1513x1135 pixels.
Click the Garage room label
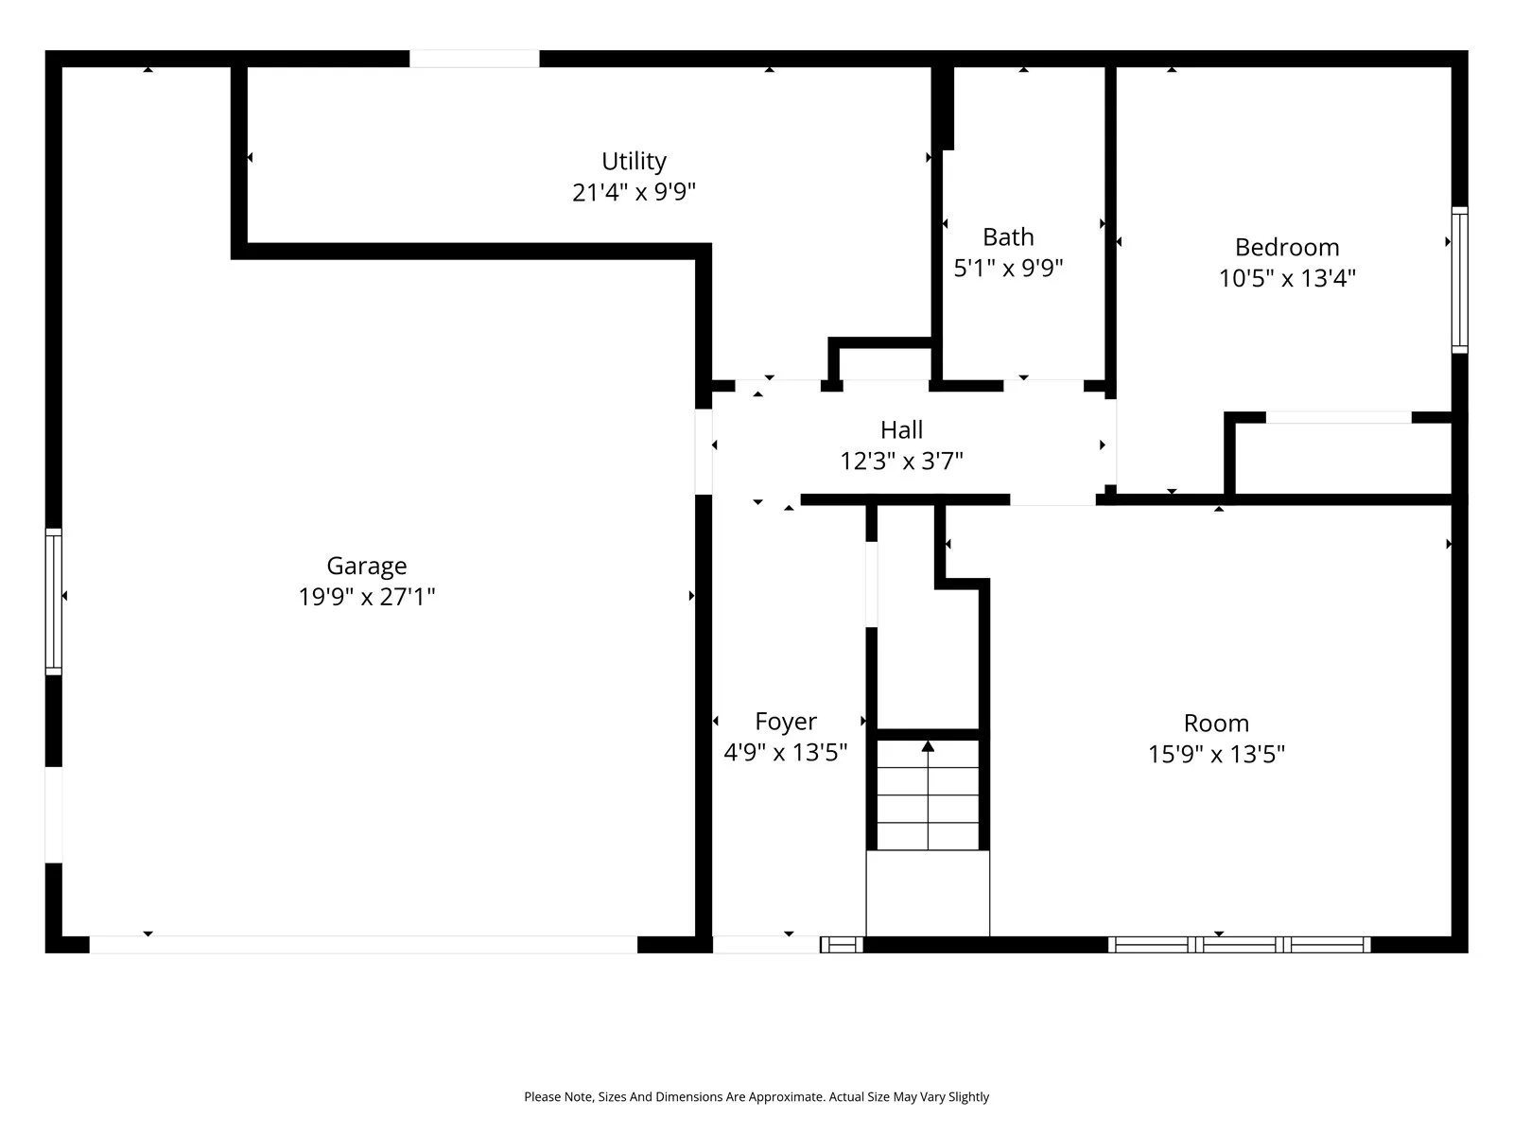(x=367, y=566)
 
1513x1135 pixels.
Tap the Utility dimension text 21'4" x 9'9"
(x=635, y=192)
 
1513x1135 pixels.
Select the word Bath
(x=1008, y=237)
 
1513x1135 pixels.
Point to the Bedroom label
(x=1287, y=248)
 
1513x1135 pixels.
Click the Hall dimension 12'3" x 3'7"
(x=901, y=461)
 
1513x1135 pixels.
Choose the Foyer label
(x=786, y=722)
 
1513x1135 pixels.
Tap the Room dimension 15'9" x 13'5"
(x=1217, y=754)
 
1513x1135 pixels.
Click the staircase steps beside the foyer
(x=928, y=794)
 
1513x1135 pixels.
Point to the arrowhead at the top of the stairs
(x=928, y=746)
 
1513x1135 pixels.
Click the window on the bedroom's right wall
(x=1459, y=280)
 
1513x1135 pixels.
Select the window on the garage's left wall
(x=54, y=602)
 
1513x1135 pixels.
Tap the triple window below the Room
(x=1239, y=945)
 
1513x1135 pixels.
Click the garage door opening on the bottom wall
(x=363, y=945)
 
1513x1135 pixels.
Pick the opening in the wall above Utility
(x=475, y=59)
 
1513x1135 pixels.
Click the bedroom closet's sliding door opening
(x=1339, y=418)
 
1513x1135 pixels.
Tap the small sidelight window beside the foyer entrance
(x=842, y=945)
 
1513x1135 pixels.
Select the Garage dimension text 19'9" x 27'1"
(x=367, y=597)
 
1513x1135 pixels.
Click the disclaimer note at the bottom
(x=756, y=1096)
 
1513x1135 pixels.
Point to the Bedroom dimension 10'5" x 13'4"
(x=1287, y=278)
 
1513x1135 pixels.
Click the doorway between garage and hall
(x=704, y=452)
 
